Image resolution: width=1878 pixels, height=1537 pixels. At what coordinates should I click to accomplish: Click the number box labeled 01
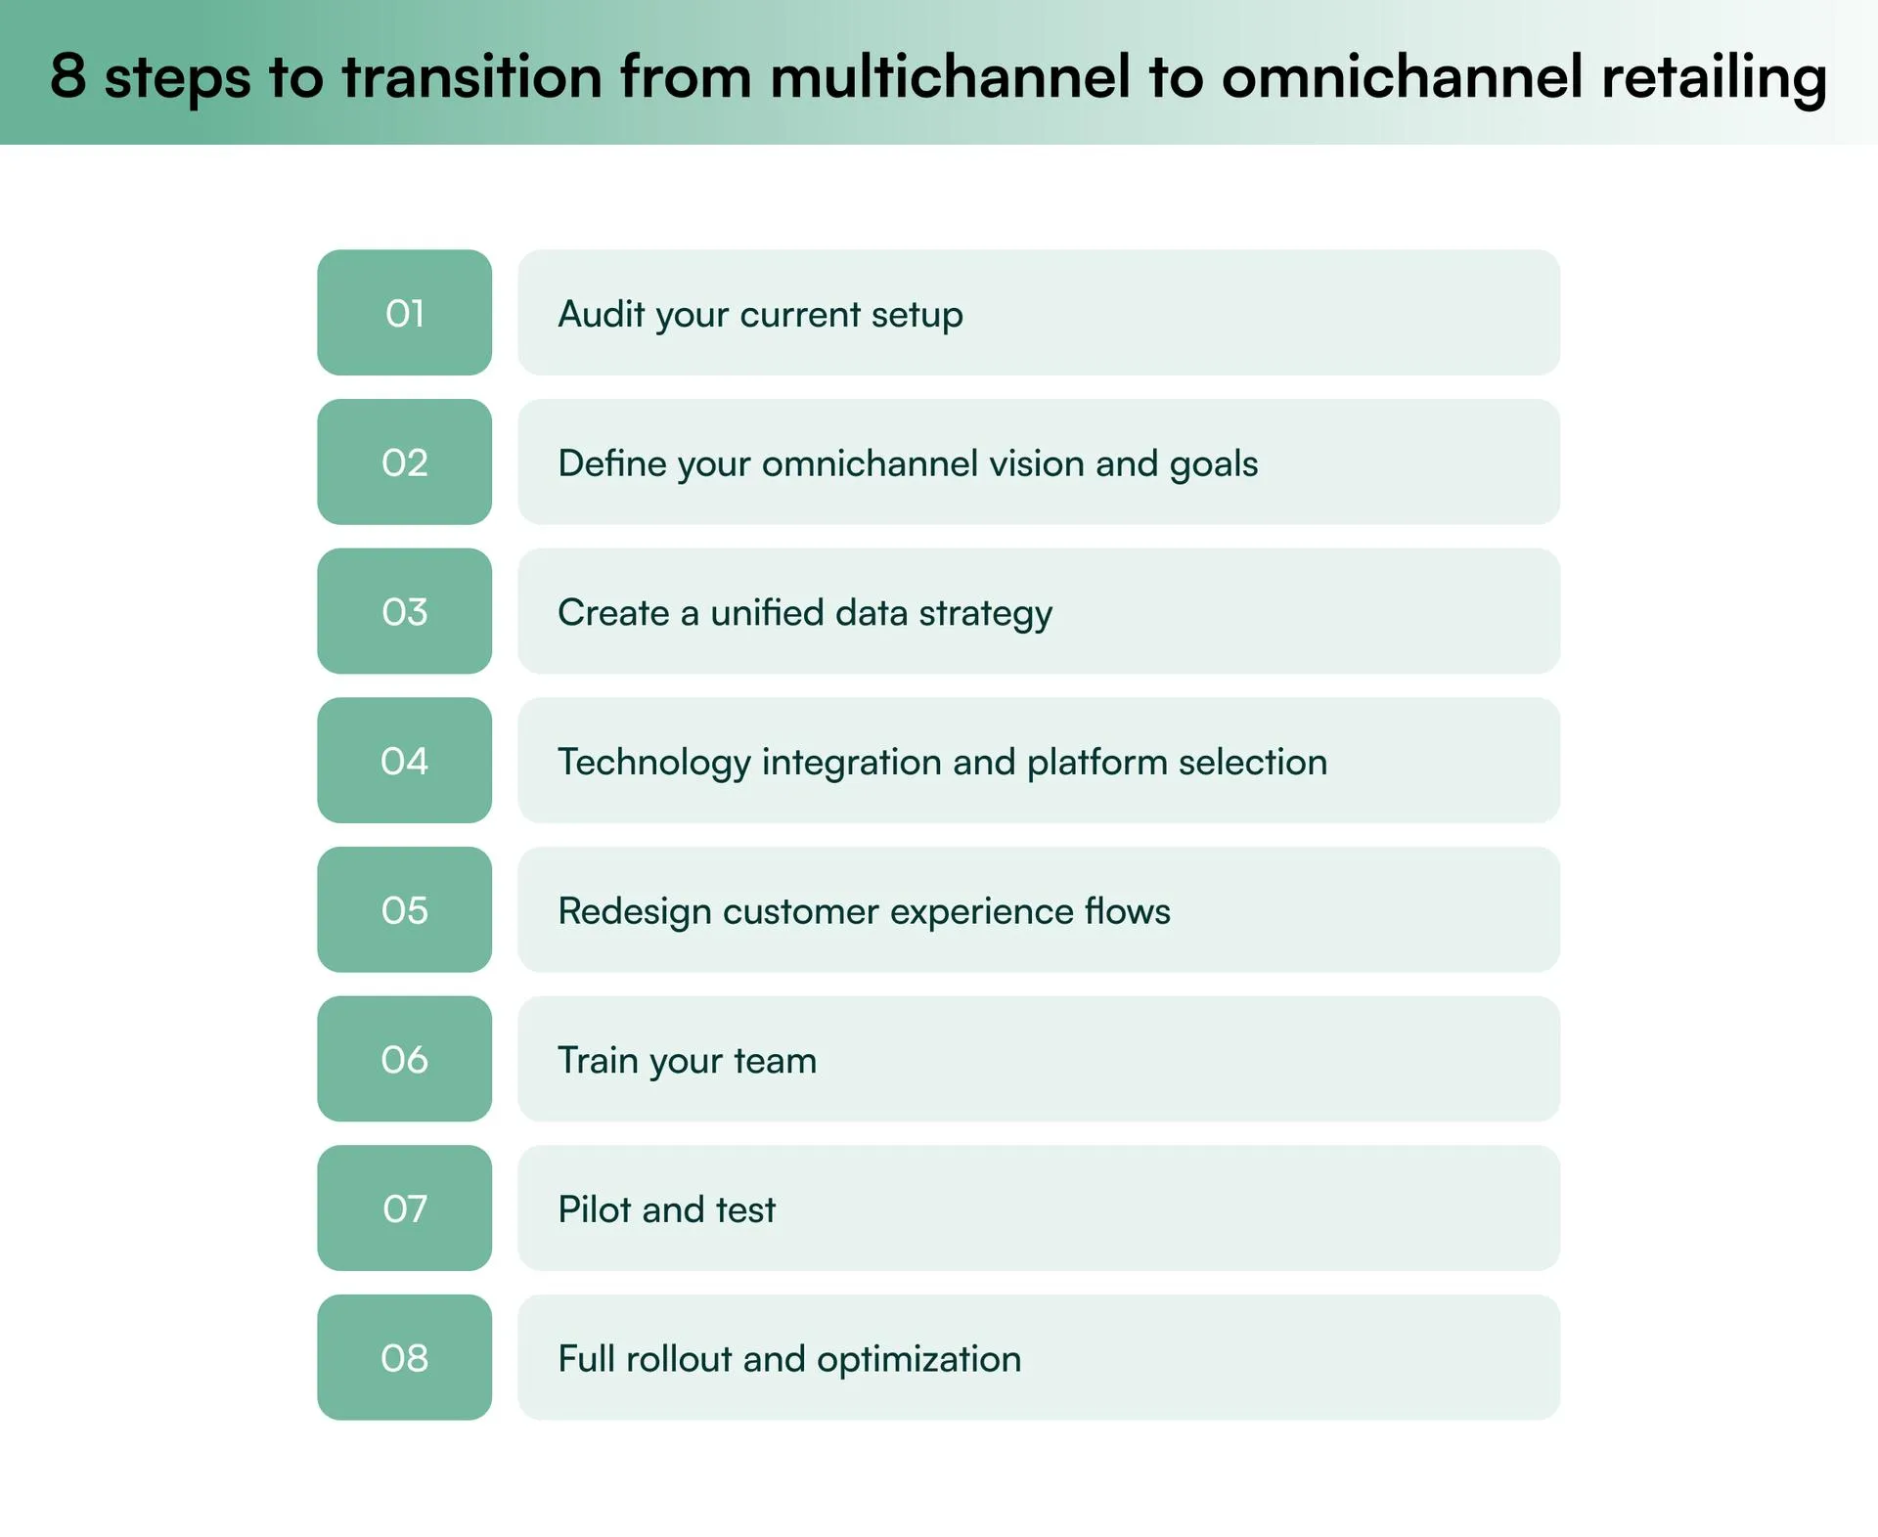[404, 313]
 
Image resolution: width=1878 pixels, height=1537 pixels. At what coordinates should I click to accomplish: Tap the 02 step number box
[404, 462]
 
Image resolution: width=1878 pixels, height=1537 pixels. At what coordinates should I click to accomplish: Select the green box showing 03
[404, 612]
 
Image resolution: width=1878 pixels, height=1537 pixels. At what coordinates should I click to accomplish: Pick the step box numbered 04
[404, 761]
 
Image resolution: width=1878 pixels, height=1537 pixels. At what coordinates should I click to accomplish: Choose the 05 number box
[404, 910]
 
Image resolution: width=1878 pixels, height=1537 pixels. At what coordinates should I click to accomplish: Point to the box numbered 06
[404, 1059]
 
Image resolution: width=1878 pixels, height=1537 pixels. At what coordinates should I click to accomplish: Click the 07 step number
[404, 1208]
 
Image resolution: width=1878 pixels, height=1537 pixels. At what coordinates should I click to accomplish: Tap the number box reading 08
[404, 1358]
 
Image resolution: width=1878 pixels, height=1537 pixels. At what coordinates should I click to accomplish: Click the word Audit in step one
[601, 314]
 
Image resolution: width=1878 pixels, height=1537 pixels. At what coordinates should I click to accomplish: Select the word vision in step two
[1036, 463]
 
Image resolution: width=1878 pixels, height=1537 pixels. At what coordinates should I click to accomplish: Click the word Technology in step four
[653, 763]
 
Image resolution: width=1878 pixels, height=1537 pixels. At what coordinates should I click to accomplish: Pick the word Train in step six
[597, 1060]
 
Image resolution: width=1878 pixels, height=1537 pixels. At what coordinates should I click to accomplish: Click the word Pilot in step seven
[594, 1209]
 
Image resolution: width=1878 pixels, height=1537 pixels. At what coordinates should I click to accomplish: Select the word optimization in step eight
[918, 1359]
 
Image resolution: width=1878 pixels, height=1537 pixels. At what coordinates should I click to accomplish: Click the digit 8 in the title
[67, 75]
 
